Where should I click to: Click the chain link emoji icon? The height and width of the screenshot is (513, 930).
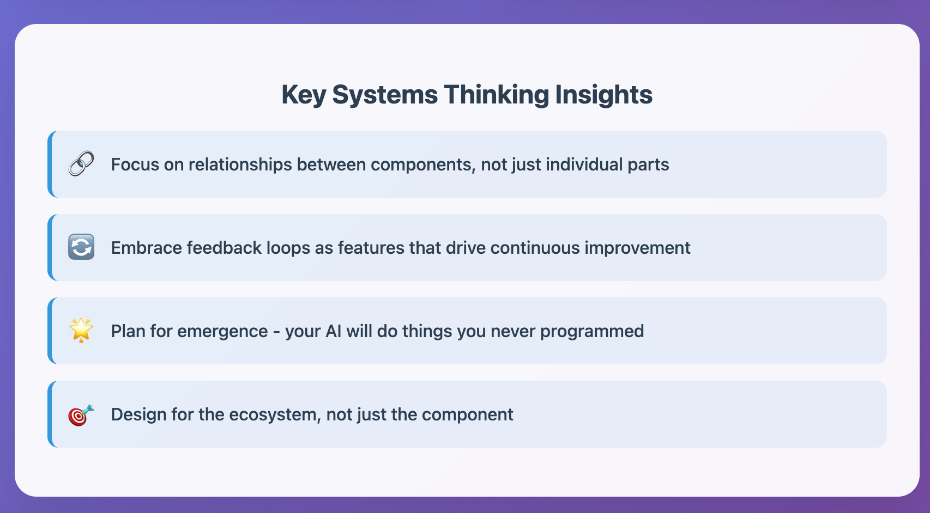(81, 164)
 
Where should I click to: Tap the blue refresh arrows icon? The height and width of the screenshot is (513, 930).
(81, 247)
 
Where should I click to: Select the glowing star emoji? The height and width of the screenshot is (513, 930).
(81, 330)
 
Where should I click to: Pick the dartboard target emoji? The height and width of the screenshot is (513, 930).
(81, 415)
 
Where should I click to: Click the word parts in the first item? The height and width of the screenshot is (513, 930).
(648, 164)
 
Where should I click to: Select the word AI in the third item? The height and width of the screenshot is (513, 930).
(333, 331)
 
